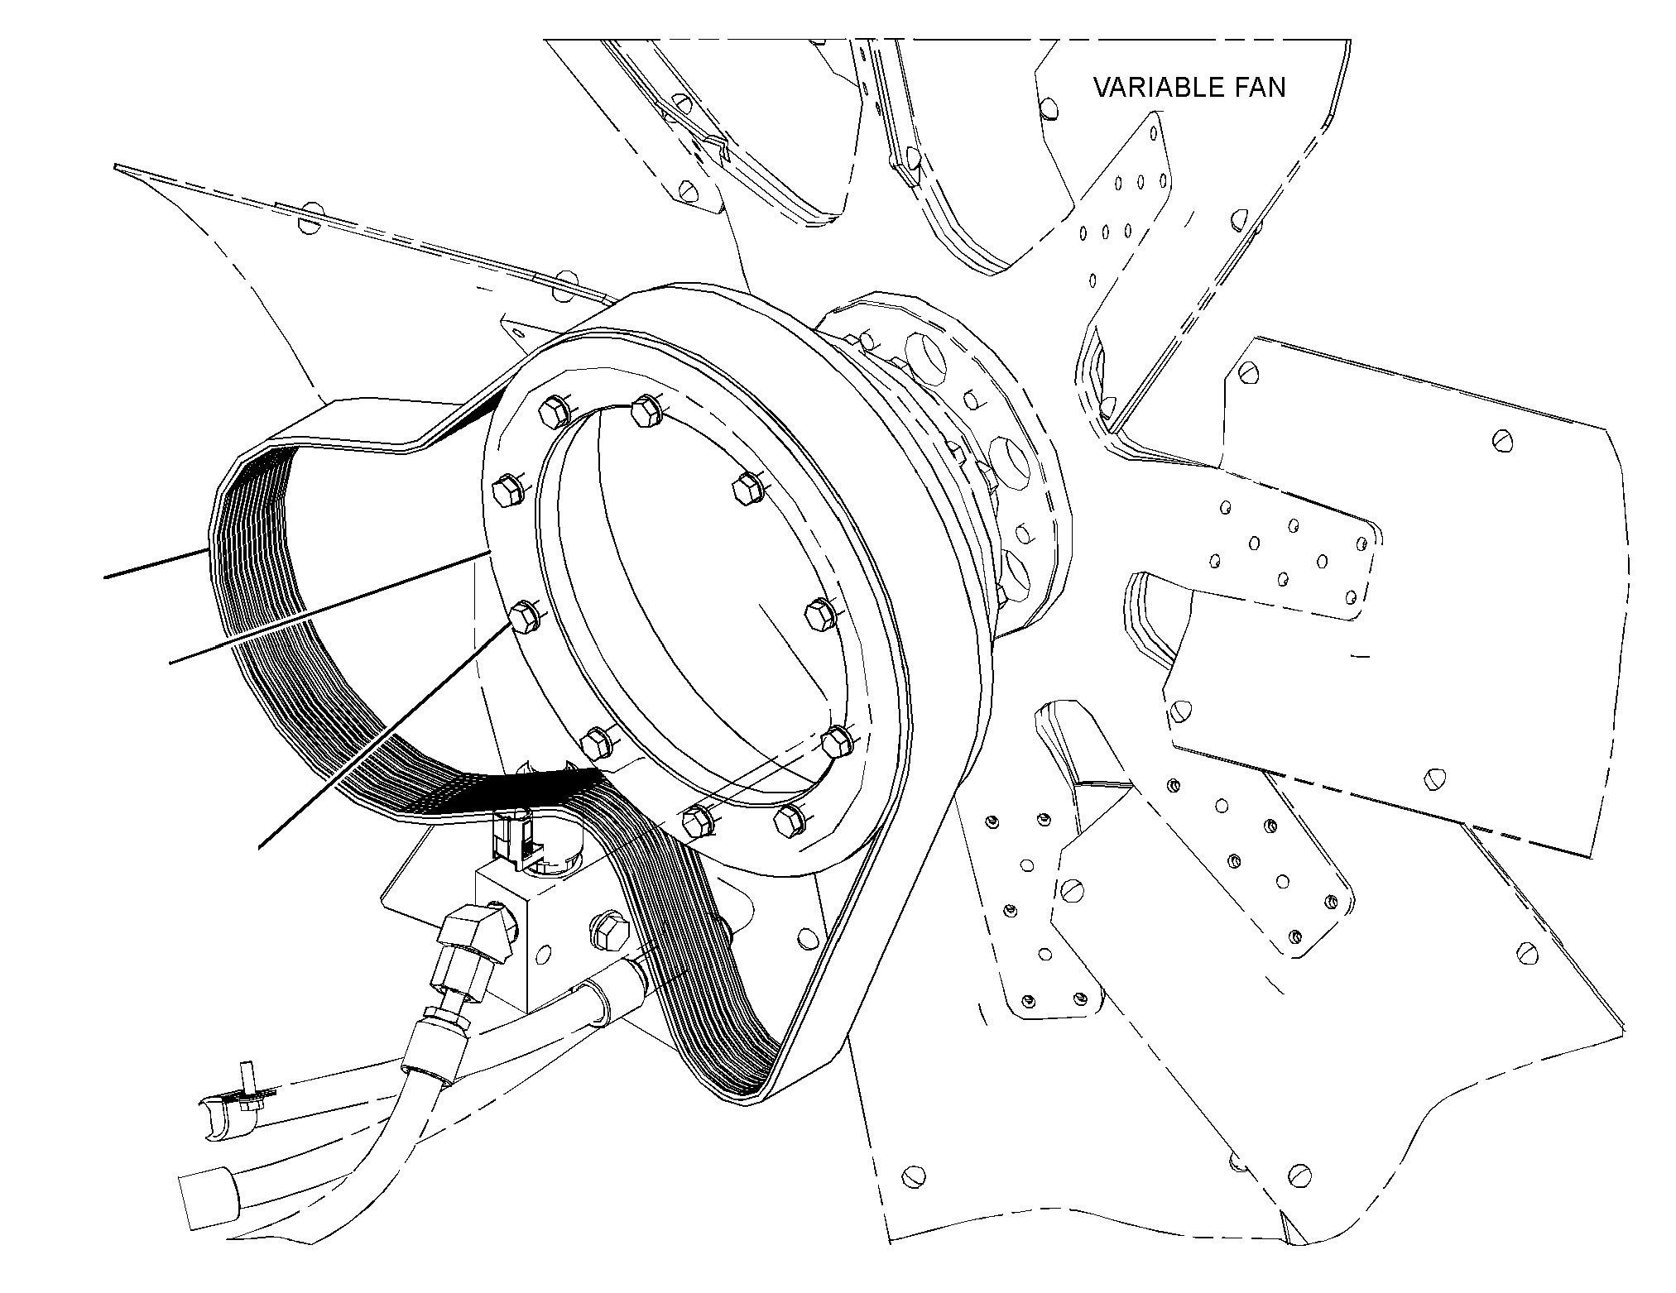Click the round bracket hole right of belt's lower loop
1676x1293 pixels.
[x=804, y=937]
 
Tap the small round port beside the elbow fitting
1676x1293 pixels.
[x=544, y=954]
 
